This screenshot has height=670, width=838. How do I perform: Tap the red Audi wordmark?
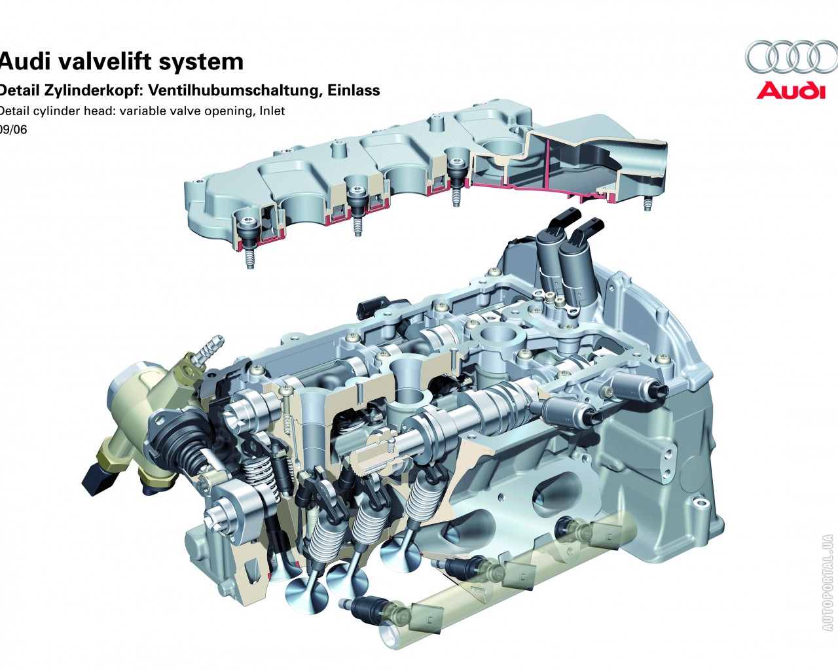click(x=791, y=90)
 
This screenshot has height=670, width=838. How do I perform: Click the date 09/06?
click(x=13, y=130)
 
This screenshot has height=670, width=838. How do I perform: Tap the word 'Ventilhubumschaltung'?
click(x=235, y=90)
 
